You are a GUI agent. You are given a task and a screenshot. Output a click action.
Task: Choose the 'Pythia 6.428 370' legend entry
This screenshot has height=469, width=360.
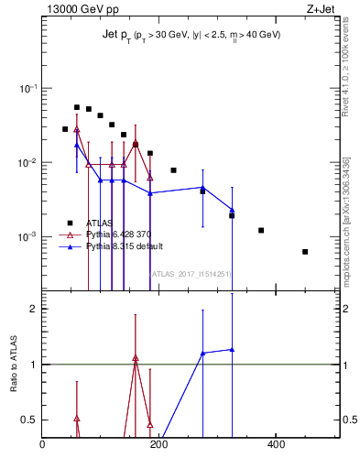(x=116, y=234)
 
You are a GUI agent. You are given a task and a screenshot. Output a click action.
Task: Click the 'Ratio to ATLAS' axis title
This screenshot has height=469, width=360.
(x=14, y=365)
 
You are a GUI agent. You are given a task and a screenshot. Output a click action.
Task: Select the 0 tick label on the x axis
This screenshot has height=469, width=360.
(x=42, y=445)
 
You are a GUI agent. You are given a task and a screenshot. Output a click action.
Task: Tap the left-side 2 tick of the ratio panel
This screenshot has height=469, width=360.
(x=33, y=309)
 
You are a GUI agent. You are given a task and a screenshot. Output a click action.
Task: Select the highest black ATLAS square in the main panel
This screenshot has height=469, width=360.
(x=77, y=107)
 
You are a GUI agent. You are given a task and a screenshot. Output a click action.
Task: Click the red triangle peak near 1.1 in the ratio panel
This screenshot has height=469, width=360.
(x=136, y=358)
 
